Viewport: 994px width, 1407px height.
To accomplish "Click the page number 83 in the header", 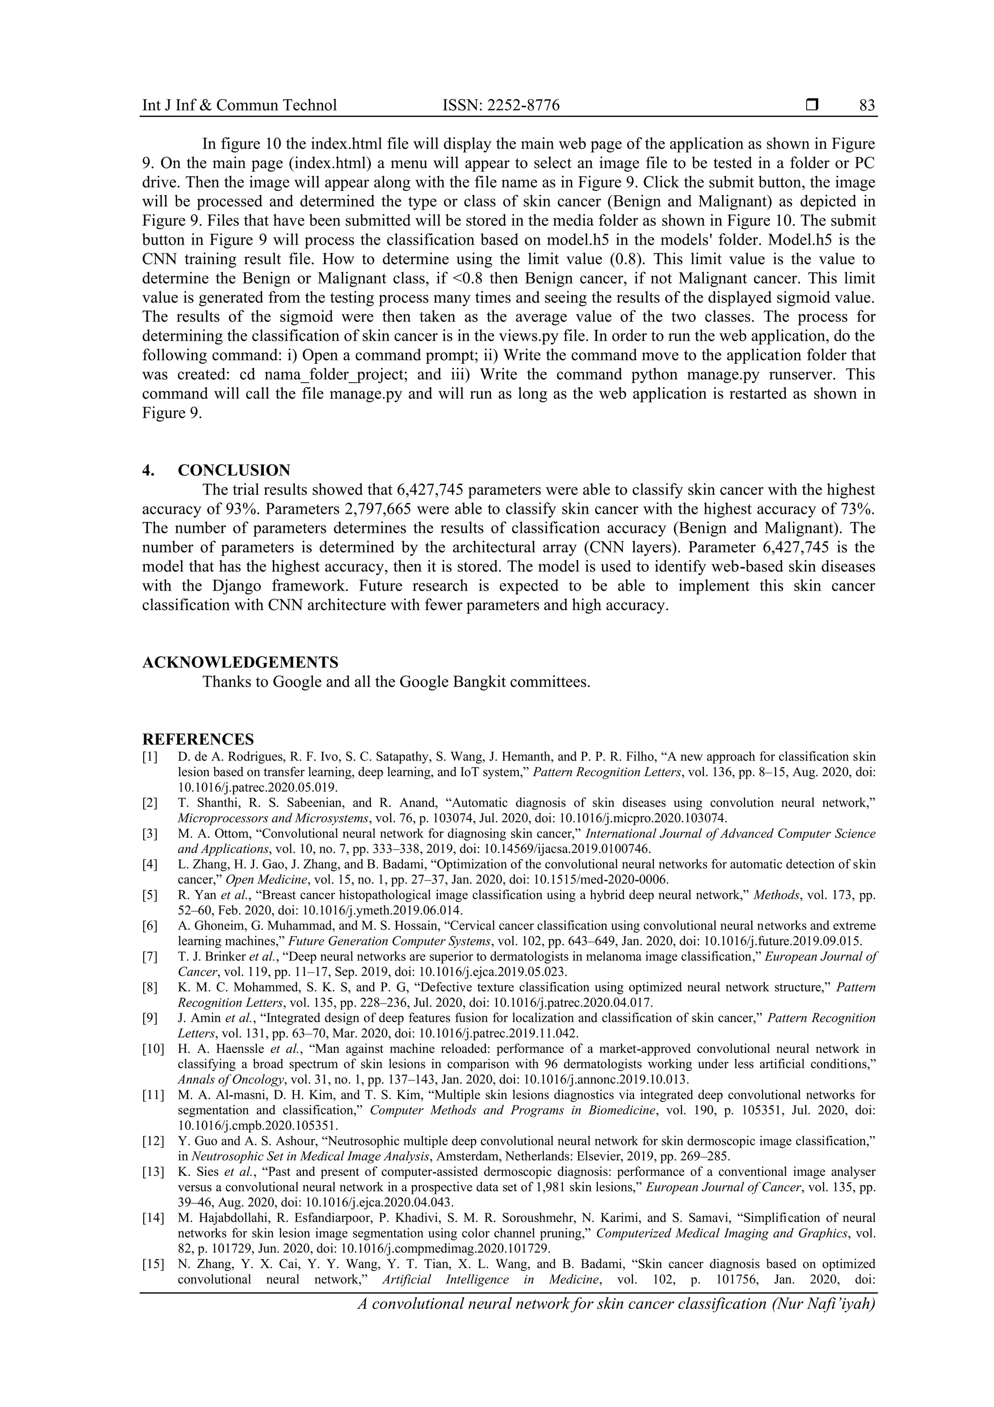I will tap(867, 105).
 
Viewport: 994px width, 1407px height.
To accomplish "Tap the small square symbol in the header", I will tap(812, 105).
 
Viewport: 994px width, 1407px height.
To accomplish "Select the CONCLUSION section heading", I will tap(233, 470).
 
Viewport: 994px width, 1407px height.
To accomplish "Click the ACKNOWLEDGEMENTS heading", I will tap(240, 662).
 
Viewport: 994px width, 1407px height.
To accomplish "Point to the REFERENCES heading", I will tap(198, 739).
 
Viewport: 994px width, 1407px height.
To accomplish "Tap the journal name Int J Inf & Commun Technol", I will tap(239, 105).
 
